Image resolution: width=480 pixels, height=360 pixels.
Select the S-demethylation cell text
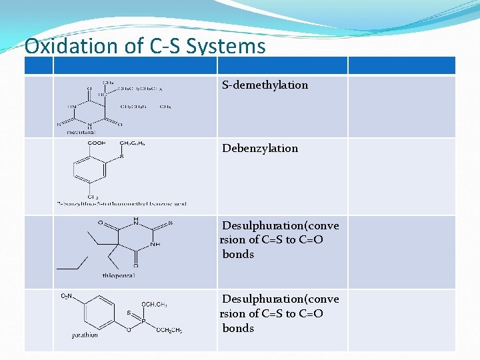click(x=265, y=85)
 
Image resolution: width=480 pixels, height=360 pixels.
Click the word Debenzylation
click(x=261, y=148)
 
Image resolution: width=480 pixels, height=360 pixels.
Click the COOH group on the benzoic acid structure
click(x=97, y=143)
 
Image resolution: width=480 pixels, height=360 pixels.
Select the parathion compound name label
click(x=85, y=335)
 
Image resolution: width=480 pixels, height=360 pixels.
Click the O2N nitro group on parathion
click(x=68, y=296)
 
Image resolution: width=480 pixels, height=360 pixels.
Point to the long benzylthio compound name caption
click(x=121, y=203)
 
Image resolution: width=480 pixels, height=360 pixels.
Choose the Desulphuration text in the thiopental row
click(x=280, y=226)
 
